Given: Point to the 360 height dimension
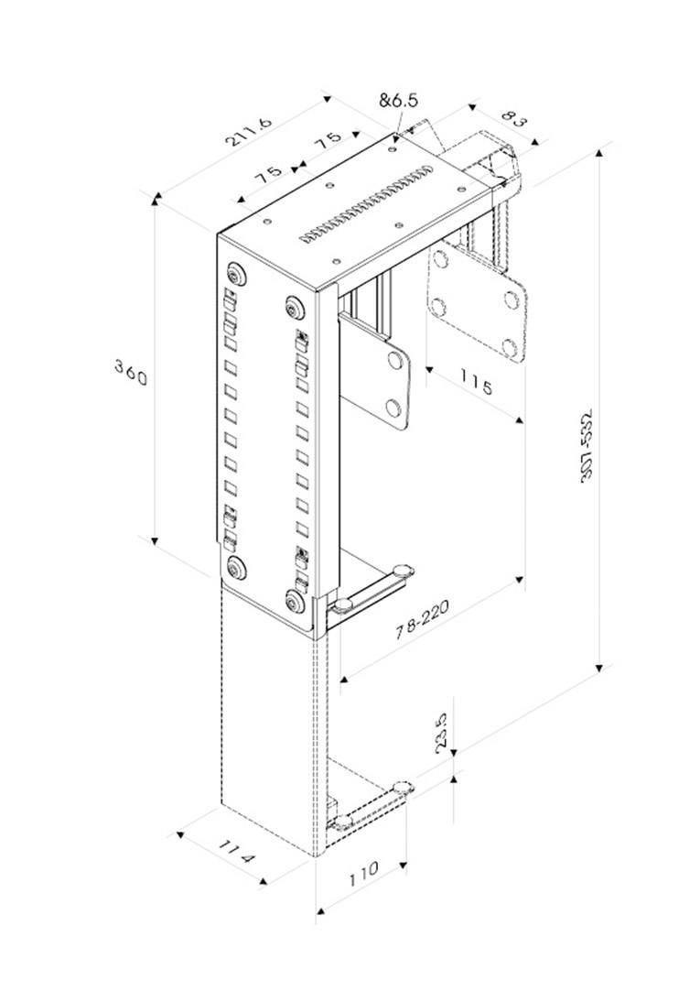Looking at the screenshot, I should click(x=131, y=373).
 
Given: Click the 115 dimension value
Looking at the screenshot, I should click(x=476, y=383).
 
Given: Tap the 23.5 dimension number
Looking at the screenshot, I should click(x=441, y=733).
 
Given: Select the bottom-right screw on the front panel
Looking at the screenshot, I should click(x=296, y=601).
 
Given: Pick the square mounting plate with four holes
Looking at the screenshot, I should click(x=479, y=303).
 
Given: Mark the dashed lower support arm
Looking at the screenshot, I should click(x=371, y=807).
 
